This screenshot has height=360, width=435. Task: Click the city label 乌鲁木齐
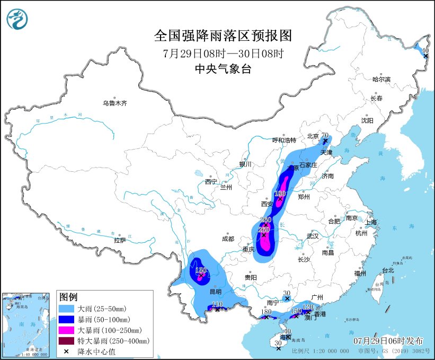115,103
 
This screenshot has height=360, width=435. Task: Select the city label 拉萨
120,240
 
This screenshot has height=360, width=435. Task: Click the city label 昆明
216,292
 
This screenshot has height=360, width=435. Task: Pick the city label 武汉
313,235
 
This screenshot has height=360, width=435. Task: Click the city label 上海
369,222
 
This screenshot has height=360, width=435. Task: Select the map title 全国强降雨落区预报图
223,36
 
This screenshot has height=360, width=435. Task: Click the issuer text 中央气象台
223,68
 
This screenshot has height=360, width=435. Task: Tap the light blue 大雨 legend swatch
66,308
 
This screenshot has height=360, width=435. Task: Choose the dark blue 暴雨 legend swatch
66,319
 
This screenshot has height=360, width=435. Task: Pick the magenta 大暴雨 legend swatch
66,330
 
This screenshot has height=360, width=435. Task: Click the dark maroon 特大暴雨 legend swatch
66,341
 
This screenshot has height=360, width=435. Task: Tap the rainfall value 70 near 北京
325,136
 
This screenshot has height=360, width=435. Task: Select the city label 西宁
211,182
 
